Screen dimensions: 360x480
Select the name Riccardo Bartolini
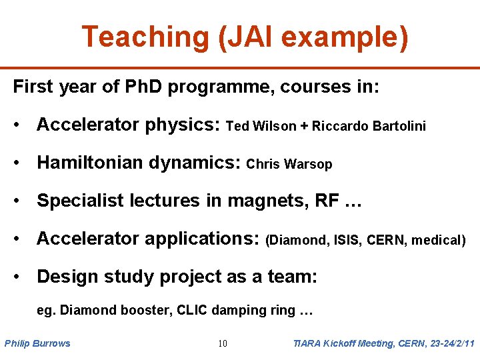pos(369,126)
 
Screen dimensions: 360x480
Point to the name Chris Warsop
pos(289,164)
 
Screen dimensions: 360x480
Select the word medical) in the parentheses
pos(438,240)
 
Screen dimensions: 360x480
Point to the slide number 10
pos(223,343)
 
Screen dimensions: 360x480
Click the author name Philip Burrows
pos(37,343)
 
